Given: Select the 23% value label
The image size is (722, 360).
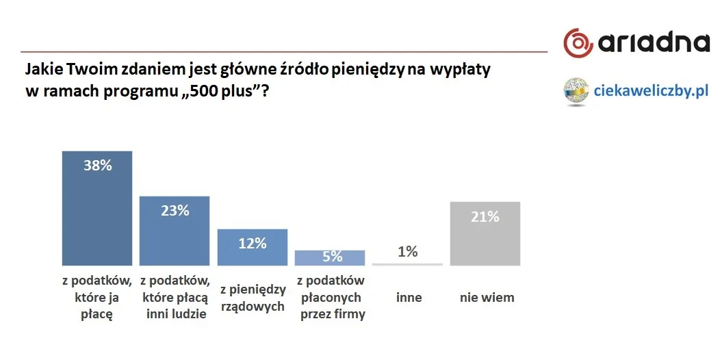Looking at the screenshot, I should (x=175, y=211).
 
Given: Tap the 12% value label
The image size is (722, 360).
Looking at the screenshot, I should (x=252, y=243).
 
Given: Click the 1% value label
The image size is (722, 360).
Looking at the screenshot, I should (x=407, y=252).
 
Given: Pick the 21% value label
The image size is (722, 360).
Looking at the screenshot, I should (x=485, y=217).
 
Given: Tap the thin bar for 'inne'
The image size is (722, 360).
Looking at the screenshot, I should (x=407, y=264).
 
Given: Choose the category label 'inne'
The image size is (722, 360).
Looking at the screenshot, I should (x=409, y=298).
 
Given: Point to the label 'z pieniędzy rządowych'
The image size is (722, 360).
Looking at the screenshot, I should (x=253, y=298).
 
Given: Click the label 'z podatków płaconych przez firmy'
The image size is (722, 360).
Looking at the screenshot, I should (x=332, y=298).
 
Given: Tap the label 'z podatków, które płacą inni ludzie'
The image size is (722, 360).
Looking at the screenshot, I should (x=174, y=298).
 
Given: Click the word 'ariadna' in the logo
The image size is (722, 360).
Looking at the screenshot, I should (x=654, y=43).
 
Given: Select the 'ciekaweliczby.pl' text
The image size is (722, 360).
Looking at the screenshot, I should (x=652, y=90).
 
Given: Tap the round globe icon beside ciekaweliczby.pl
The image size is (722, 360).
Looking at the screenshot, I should (x=577, y=91).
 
